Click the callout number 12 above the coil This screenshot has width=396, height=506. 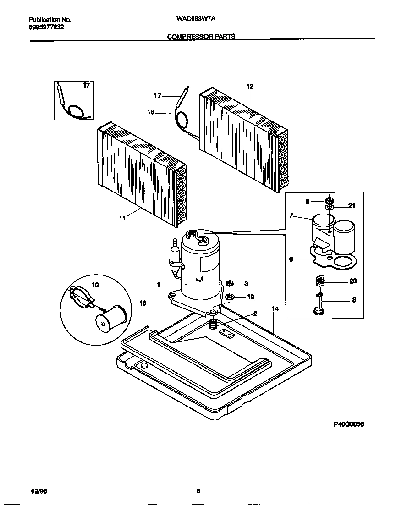(250, 86)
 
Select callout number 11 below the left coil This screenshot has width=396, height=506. (122, 219)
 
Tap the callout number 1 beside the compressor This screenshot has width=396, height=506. (158, 285)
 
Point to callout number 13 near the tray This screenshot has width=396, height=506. (143, 303)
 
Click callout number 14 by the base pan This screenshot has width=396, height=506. (275, 309)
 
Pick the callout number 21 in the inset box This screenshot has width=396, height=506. (352, 206)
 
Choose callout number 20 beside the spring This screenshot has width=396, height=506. (352, 281)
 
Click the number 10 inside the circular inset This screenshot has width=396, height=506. (95, 285)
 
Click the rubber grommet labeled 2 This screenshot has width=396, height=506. (213, 325)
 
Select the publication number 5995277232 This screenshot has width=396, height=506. (46, 27)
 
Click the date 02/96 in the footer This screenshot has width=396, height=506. (38, 491)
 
